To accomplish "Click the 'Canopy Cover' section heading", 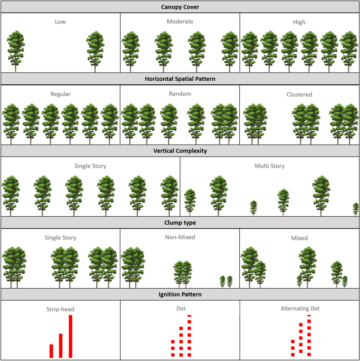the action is point(180,7).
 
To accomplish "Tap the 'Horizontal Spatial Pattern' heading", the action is point(180,79).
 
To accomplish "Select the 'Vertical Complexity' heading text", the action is point(180,151).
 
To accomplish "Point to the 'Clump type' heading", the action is point(180,223).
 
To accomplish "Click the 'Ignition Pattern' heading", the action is point(180,294).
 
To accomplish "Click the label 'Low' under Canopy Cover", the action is point(60,22).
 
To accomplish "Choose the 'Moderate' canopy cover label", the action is point(180,22).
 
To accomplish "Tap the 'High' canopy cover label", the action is point(299,22).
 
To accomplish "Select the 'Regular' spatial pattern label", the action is point(61,94).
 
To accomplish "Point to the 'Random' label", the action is point(180,94).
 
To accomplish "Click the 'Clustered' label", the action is point(299,95).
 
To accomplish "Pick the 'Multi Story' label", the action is point(269,166).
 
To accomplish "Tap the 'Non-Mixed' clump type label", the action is point(180,237).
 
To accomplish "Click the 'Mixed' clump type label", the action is point(299,238).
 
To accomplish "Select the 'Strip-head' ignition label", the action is point(60,309).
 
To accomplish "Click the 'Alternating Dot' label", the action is point(300,308).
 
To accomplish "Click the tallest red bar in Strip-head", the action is point(70,336).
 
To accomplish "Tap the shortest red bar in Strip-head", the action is point(51,351).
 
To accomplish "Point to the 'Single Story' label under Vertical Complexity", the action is point(90,166).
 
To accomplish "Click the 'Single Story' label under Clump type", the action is point(60,238).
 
